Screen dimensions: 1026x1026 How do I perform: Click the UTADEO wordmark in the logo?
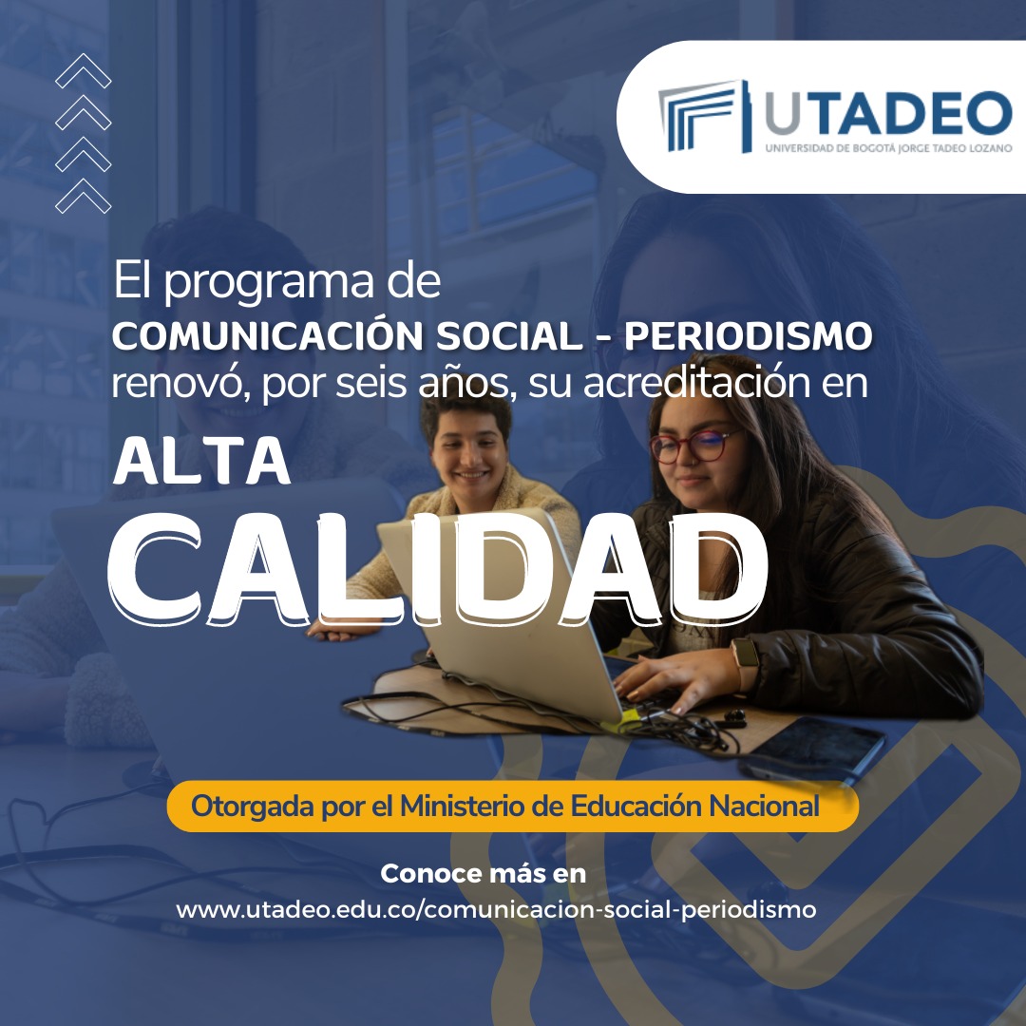tap(888, 113)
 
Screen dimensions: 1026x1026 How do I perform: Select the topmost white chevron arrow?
tap(83, 70)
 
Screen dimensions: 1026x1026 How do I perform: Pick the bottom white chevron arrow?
tap(83, 196)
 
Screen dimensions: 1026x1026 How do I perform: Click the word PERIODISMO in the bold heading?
tap(749, 336)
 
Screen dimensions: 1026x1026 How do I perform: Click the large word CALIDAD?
tap(437, 568)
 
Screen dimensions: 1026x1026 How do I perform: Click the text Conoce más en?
tap(483, 874)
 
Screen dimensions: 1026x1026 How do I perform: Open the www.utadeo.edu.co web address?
tap(496, 909)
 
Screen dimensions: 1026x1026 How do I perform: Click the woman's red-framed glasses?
tap(693, 446)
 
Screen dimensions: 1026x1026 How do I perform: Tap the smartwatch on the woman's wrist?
tap(746, 662)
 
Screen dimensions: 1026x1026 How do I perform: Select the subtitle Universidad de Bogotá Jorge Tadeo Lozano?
tap(888, 148)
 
